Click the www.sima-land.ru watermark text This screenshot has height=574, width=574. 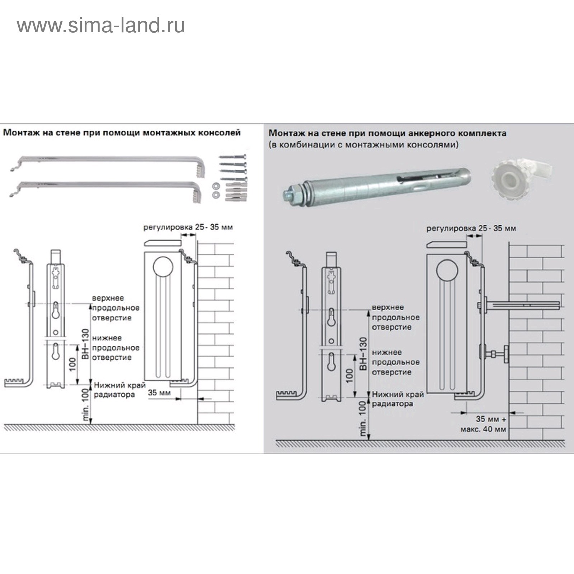[101, 26]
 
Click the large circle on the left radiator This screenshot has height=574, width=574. [163, 267]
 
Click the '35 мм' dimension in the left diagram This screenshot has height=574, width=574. [159, 392]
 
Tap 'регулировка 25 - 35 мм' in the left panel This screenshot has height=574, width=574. [188, 227]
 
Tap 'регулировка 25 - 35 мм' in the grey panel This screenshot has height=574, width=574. [471, 228]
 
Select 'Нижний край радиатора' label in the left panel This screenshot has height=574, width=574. [119, 390]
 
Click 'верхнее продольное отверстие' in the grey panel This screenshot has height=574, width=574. [395, 317]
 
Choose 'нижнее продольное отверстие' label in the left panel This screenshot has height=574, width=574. [116, 348]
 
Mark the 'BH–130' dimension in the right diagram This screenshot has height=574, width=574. [363, 354]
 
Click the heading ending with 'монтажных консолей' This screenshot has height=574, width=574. [122, 133]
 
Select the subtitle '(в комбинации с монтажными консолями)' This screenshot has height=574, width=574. [363, 145]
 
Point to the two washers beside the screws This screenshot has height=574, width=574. [216, 190]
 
